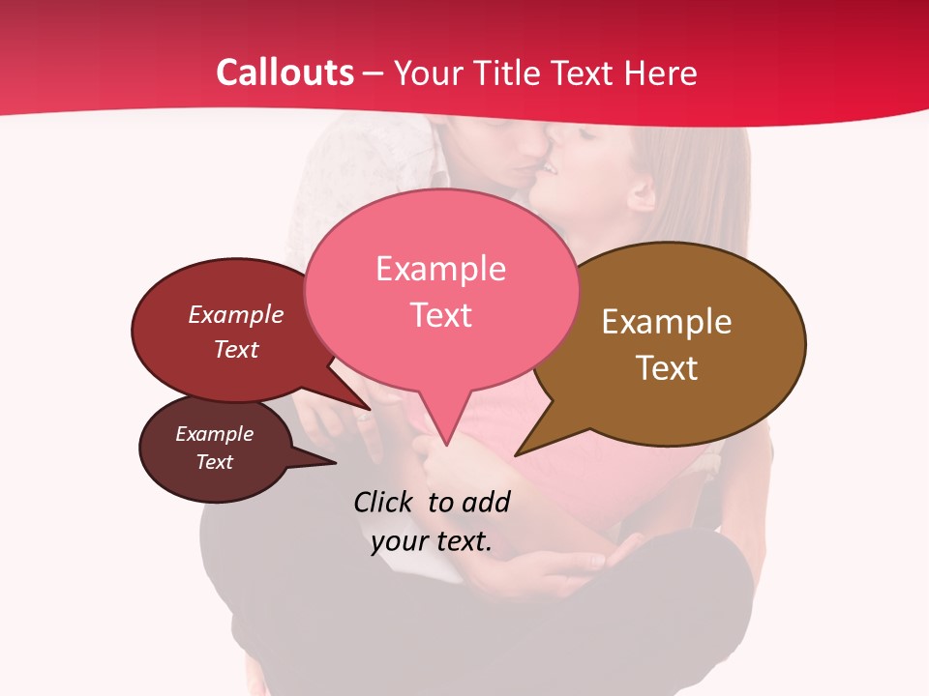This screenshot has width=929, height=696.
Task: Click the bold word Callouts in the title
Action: coord(285,72)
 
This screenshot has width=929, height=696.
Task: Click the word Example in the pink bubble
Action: coord(440,269)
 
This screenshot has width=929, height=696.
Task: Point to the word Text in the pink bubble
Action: coord(440,315)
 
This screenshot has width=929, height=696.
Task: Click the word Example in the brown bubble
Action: coord(667,322)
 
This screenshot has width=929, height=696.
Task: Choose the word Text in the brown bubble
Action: coord(667,368)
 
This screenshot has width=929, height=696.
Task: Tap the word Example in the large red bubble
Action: coord(236,314)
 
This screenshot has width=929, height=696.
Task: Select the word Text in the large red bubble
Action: coord(236,349)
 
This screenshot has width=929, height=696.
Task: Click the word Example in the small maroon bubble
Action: coord(215,434)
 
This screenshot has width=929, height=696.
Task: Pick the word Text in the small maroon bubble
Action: coord(215,462)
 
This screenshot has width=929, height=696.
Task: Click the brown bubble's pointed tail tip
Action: coord(517,454)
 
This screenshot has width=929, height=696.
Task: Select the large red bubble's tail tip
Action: coord(370,409)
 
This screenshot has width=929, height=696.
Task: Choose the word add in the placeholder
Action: coord(485,502)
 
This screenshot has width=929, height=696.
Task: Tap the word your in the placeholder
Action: coord(400,541)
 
